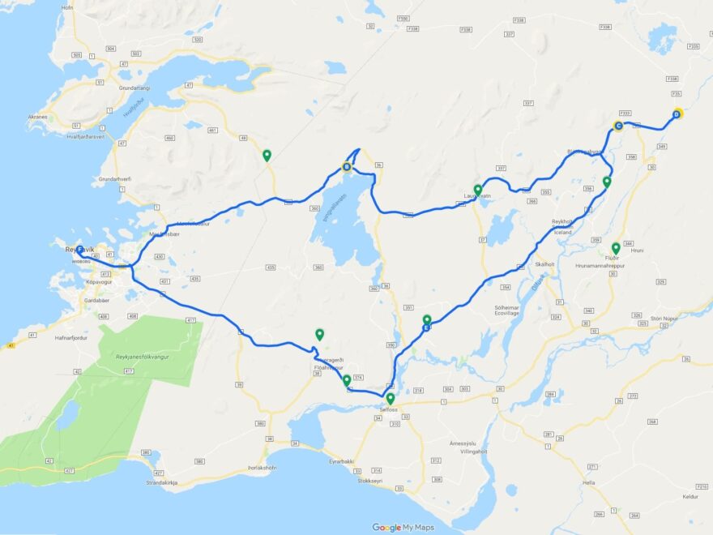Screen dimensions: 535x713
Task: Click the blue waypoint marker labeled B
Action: pyautogui.click(x=347, y=168)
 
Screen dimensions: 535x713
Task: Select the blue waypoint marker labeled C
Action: pyautogui.click(x=618, y=126)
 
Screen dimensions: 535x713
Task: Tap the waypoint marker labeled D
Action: pyautogui.click(x=676, y=114)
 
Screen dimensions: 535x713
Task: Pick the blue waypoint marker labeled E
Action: pyautogui.click(x=426, y=327)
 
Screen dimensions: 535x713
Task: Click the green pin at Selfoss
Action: pyautogui.click(x=391, y=398)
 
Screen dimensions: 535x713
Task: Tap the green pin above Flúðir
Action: pyautogui.click(x=616, y=247)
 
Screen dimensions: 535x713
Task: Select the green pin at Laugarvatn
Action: pyautogui.click(x=478, y=190)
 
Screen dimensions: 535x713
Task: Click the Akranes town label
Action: pyautogui.click(x=37, y=117)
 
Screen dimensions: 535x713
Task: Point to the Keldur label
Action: pyautogui.click(x=690, y=495)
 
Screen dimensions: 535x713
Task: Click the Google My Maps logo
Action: pyautogui.click(x=403, y=528)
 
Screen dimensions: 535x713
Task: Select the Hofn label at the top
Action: pyautogui.click(x=67, y=6)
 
